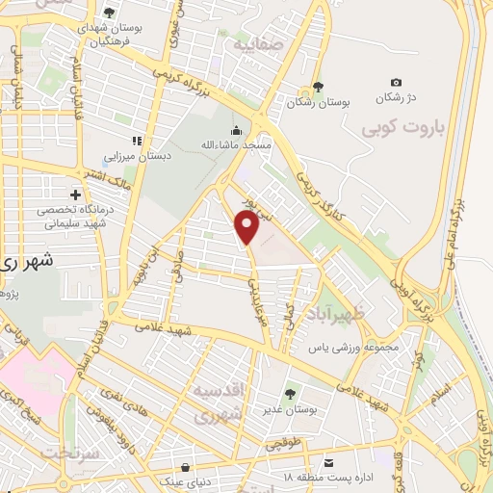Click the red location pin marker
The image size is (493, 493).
246,227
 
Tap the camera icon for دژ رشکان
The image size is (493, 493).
396,84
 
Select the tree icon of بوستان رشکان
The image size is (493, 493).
318,86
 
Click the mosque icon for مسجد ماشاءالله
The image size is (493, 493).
237,130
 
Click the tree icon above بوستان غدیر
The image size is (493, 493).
289,393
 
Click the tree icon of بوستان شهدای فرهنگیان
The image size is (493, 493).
108,13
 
